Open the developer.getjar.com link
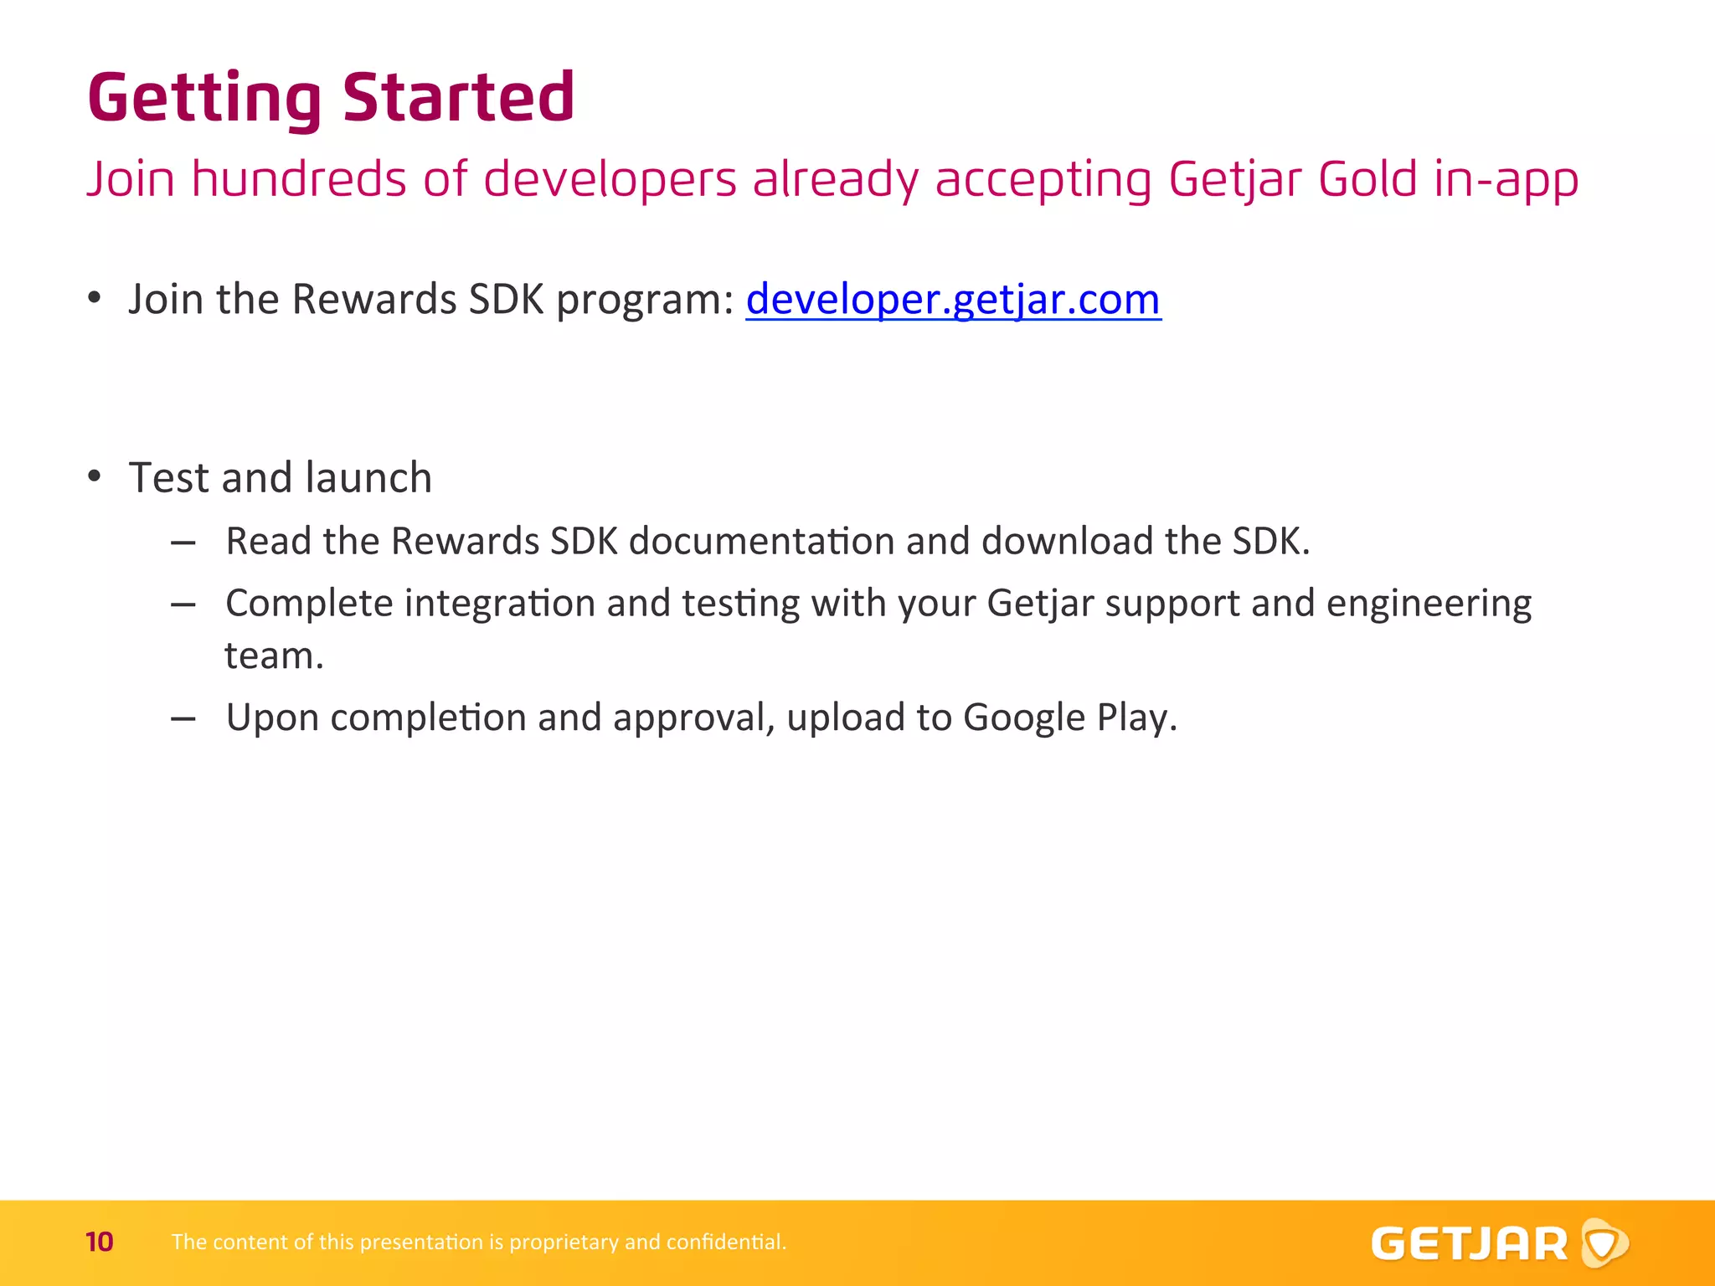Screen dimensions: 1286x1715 (x=953, y=300)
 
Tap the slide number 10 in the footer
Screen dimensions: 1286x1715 (x=99, y=1242)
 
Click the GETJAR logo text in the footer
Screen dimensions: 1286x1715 (x=1469, y=1244)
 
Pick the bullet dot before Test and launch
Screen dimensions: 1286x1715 (x=95, y=477)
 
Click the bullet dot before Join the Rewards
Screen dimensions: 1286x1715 (x=95, y=299)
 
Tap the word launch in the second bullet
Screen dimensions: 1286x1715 (x=368, y=478)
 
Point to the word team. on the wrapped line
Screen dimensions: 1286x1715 (x=274, y=656)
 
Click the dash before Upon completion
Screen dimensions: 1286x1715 (x=183, y=718)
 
